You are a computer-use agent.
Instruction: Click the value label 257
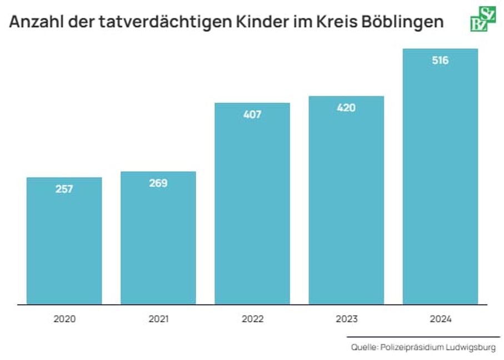(x=64, y=189)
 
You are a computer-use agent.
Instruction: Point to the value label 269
(x=158, y=183)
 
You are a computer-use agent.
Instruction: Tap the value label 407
(x=252, y=114)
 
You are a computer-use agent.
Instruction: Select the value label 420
(x=346, y=108)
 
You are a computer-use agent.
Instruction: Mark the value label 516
(x=440, y=61)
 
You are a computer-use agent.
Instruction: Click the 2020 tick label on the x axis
(x=64, y=319)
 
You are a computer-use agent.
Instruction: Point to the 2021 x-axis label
(x=158, y=319)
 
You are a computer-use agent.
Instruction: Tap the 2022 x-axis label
(x=252, y=319)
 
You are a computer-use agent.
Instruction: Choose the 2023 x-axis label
(x=346, y=319)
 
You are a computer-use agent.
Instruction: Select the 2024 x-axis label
(x=441, y=319)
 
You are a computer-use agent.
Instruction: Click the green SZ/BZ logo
(x=482, y=20)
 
